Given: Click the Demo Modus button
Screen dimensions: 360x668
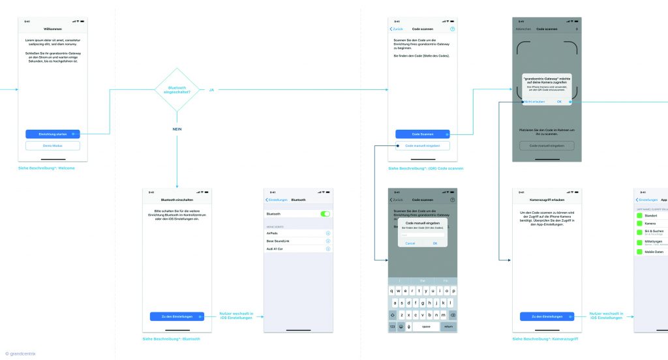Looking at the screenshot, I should pos(53,145).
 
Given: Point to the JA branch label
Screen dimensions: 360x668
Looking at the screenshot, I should pos(211,90).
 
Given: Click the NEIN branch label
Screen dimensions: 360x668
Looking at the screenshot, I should pos(177,128).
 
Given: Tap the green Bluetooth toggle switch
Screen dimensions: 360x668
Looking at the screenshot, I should pos(325,213).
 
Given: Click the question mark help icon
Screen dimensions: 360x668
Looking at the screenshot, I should pos(453,29).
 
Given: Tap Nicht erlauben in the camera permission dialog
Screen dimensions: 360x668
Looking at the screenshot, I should pos(534,102).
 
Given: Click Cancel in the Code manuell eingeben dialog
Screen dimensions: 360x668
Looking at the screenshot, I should pos(410,243).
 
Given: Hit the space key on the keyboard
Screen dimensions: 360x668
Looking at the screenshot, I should pos(425,326).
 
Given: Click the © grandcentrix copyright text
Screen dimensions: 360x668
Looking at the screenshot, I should pos(20,353).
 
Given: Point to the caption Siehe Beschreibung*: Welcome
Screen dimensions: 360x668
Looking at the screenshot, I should pos(47,168).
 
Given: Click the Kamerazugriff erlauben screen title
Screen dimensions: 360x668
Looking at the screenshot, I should pos(547,199).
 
